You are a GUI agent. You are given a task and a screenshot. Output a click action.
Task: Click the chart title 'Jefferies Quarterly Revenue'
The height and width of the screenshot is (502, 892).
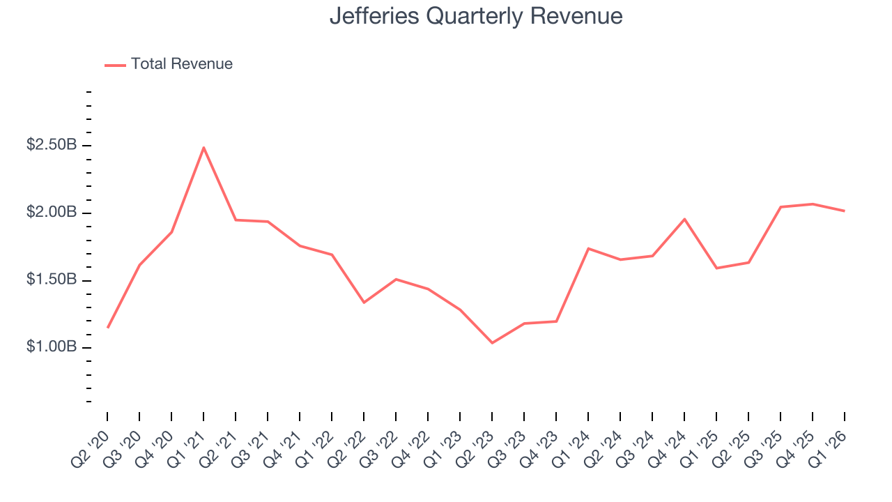pos(476,15)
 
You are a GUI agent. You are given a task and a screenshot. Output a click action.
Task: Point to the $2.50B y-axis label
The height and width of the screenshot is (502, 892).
pos(52,145)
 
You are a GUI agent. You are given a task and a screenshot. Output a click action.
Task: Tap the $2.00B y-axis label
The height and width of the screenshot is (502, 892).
pos(52,213)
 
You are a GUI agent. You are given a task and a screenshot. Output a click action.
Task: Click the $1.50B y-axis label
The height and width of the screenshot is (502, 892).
pos(52,280)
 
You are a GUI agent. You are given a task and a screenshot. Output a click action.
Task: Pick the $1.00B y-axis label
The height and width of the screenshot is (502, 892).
pos(52,347)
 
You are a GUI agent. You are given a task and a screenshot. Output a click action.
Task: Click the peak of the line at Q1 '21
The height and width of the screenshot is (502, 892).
pos(203,147)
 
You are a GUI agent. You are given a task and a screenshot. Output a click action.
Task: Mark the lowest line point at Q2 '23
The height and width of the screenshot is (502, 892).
pos(492,343)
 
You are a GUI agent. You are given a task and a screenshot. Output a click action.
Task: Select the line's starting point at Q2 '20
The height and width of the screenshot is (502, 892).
pos(107,327)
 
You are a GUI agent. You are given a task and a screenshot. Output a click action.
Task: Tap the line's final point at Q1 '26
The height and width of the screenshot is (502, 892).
pos(845,211)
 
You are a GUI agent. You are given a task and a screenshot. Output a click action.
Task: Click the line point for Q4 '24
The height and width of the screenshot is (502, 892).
pos(684,219)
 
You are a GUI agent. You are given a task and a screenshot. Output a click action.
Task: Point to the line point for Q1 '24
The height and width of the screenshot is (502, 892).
pos(588,248)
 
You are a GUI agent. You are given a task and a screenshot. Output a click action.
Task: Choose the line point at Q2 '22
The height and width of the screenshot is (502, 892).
pos(364,303)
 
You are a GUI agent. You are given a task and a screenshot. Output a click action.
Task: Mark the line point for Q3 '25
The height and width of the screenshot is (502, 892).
pos(780,207)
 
